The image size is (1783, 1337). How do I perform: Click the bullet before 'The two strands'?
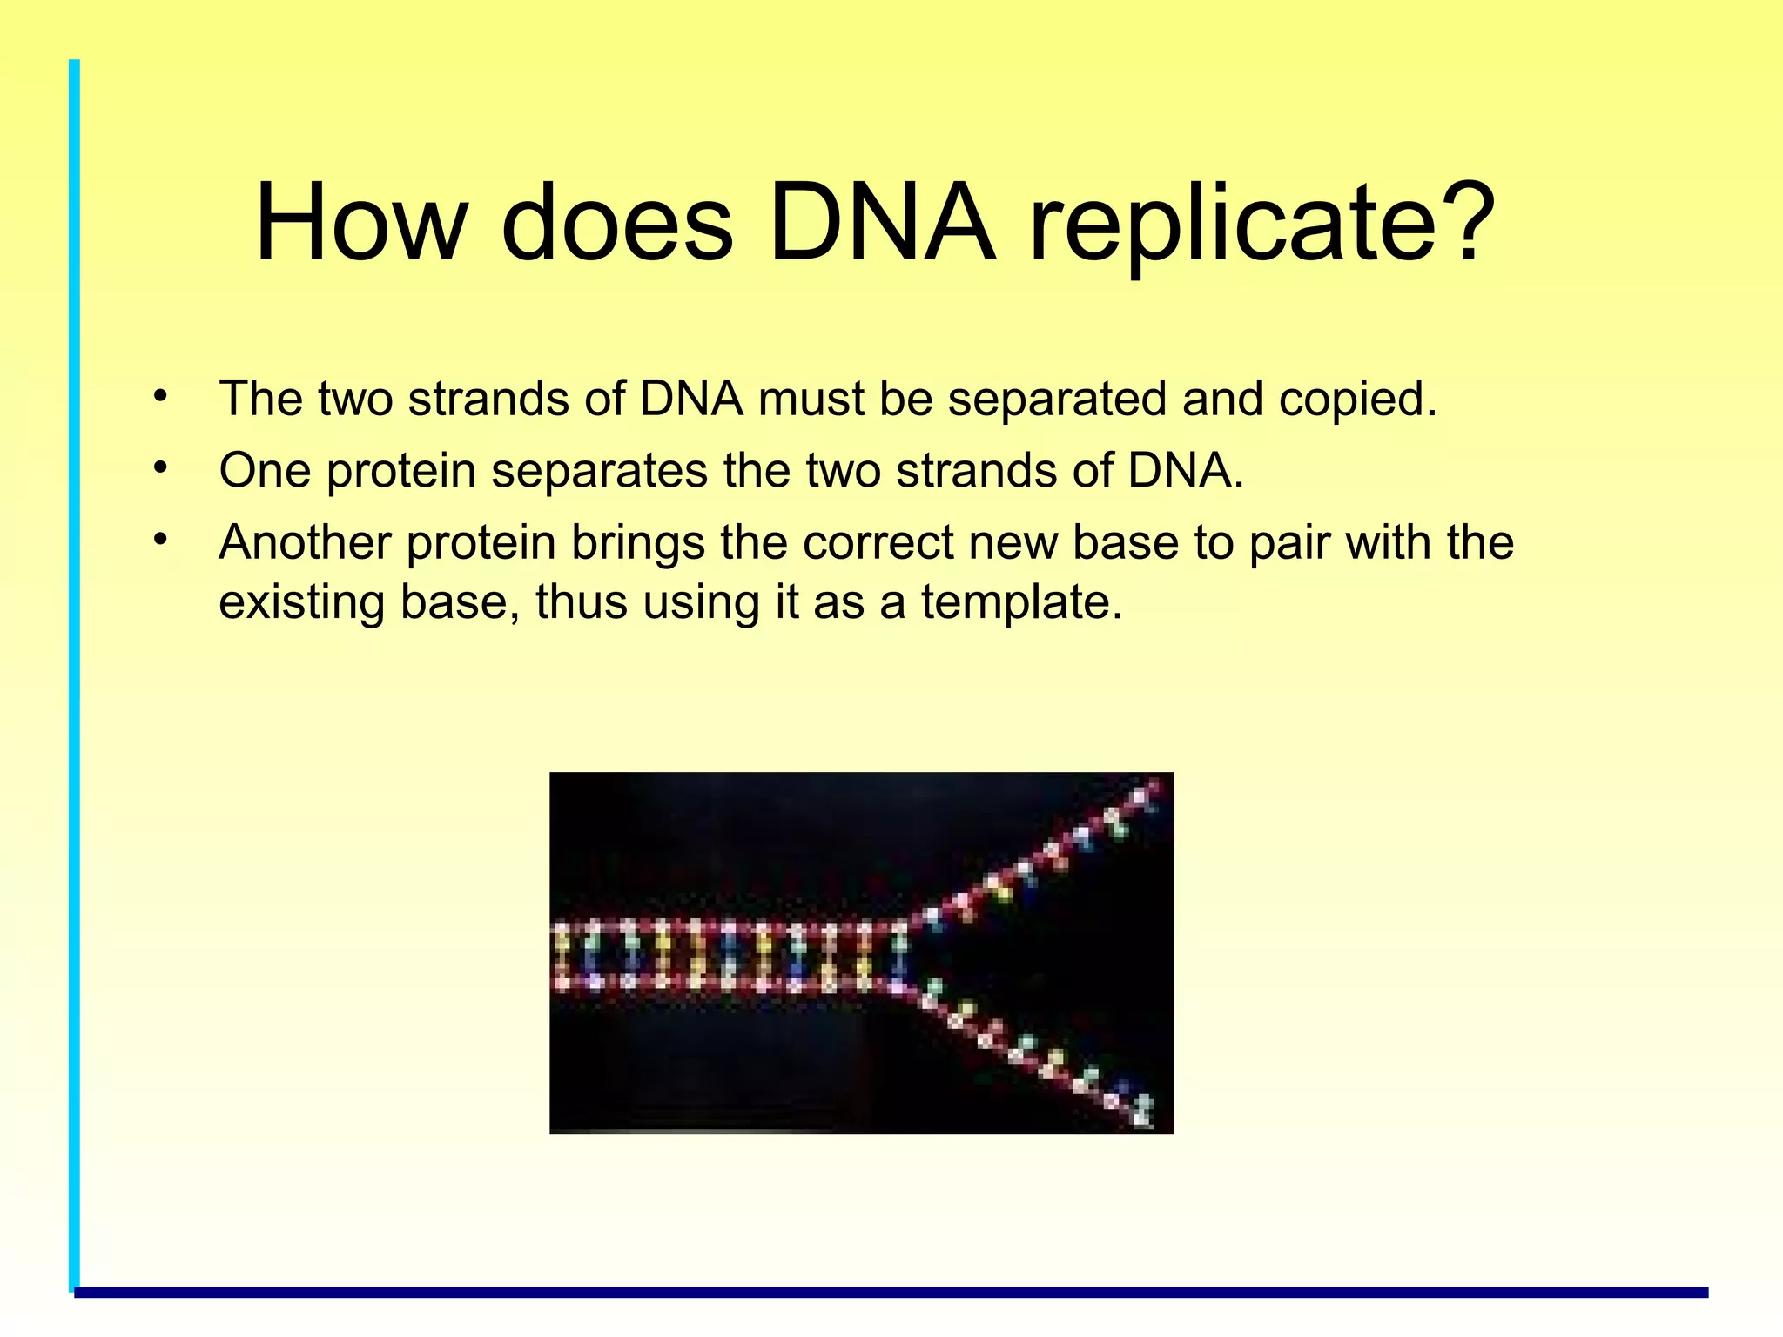click(x=159, y=397)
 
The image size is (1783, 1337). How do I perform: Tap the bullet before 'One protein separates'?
click(x=159, y=468)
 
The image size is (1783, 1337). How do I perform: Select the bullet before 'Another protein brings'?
click(x=159, y=540)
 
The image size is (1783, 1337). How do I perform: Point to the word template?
click(x=1022, y=602)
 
